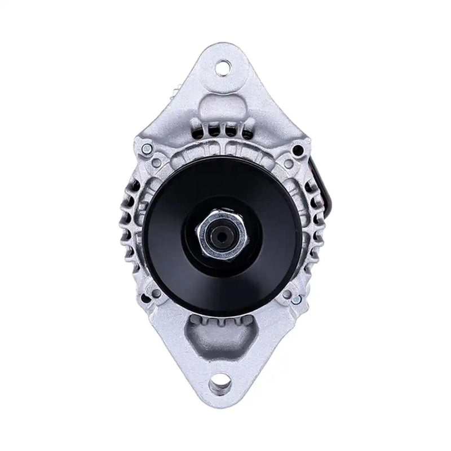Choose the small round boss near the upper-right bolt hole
tap(289, 164)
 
